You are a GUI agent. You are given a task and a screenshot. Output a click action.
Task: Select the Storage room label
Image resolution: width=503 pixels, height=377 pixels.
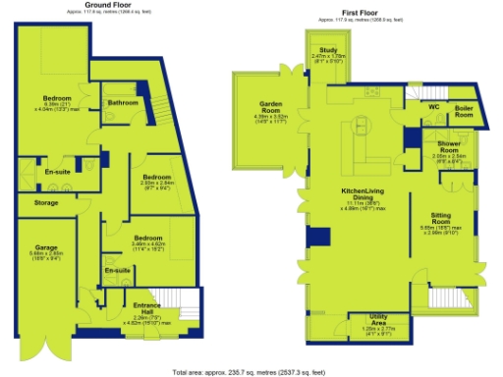tap(46, 203)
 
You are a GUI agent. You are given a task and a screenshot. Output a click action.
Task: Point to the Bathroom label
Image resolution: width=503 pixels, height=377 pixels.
tap(123, 102)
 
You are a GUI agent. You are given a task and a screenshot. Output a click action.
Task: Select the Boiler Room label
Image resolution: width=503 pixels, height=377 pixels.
tap(464, 111)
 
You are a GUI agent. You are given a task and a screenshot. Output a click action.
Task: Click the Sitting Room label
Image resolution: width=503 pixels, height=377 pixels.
tap(441, 217)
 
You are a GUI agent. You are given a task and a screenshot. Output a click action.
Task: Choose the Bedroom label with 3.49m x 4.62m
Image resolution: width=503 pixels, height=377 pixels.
tap(147, 239)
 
